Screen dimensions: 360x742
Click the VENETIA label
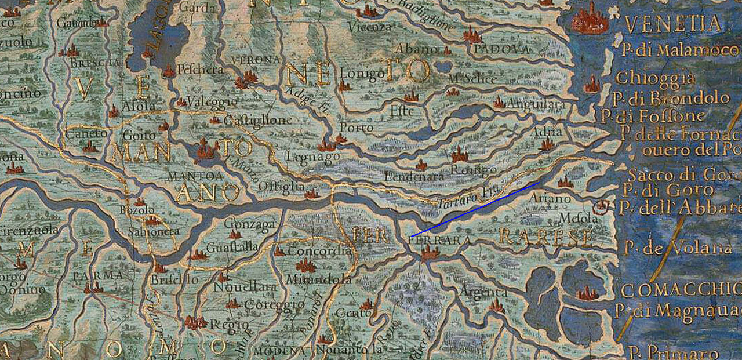(673, 24)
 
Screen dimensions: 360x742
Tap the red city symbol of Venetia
(590, 20)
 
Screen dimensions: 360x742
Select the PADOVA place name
(502, 50)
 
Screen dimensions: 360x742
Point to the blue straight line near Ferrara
(475, 209)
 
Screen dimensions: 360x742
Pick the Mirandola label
(318, 279)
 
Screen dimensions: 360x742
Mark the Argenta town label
(483, 292)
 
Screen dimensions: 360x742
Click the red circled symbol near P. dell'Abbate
(603, 206)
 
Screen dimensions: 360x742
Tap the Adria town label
(547, 132)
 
